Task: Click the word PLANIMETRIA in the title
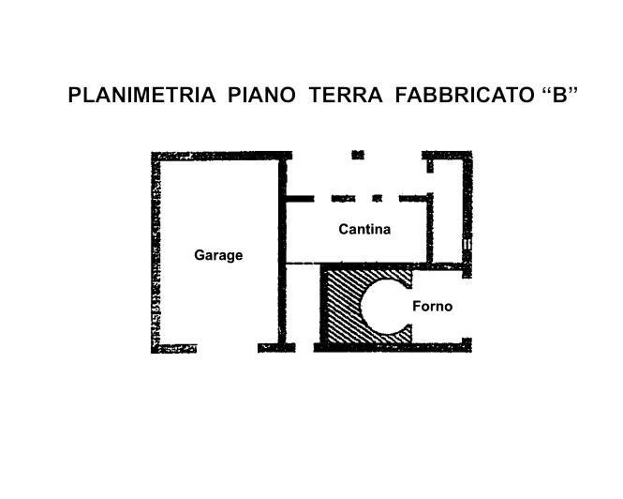pyautogui.click(x=143, y=96)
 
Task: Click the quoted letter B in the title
pyautogui.click(x=560, y=96)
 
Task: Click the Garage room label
pyautogui.click(x=218, y=255)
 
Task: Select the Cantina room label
pyautogui.click(x=364, y=229)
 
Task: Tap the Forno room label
pyautogui.click(x=432, y=307)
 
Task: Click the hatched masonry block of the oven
pyautogui.click(x=339, y=310)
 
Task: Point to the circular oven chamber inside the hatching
pyautogui.click(x=384, y=306)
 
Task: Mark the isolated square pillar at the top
pyautogui.click(x=357, y=155)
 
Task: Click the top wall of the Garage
pyautogui.click(x=220, y=156)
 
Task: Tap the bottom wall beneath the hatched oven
pyautogui.click(x=365, y=348)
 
